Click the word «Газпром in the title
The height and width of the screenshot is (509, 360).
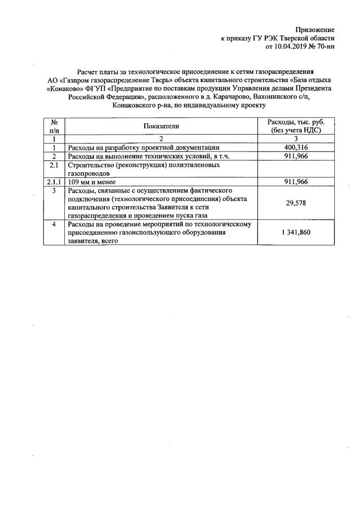[x=72, y=81]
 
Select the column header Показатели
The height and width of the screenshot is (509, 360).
[x=161, y=126]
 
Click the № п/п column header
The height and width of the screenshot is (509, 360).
[x=55, y=126]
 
